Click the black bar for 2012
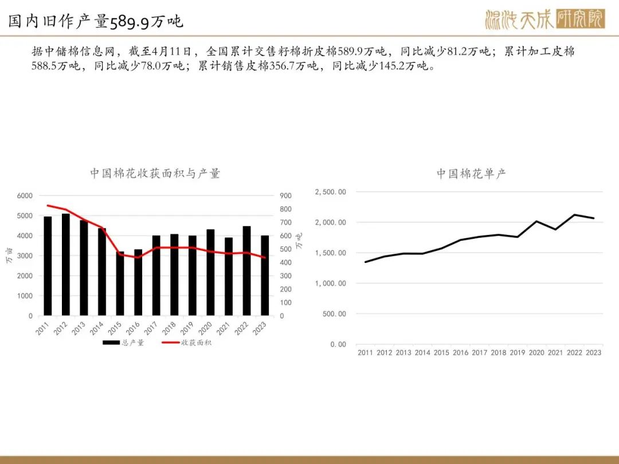click(x=66, y=264)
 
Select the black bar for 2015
click(x=120, y=284)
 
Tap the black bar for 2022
click(x=246, y=270)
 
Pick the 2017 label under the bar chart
click(x=150, y=328)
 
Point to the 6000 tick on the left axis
click(x=25, y=196)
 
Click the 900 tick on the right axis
click(x=286, y=196)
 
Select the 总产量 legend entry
click(x=124, y=343)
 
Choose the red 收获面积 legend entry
click(x=187, y=343)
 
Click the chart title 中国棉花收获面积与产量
click(x=155, y=173)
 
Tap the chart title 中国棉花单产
click(x=471, y=173)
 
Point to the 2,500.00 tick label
click(x=331, y=192)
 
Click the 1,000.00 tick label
click(x=331, y=284)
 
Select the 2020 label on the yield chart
click(x=536, y=352)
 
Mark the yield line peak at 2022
click(x=574, y=215)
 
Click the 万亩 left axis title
click(x=10, y=255)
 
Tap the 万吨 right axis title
click(x=299, y=241)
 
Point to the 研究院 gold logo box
click(x=580, y=19)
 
